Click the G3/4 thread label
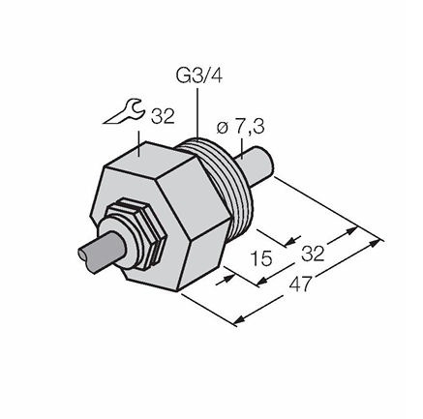(199, 76)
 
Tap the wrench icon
(123, 112)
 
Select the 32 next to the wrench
(163, 116)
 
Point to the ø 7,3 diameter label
(240, 127)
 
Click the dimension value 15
(261, 258)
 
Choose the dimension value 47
(301, 284)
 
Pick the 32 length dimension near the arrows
(313, 254)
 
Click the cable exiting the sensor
(101, 252)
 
